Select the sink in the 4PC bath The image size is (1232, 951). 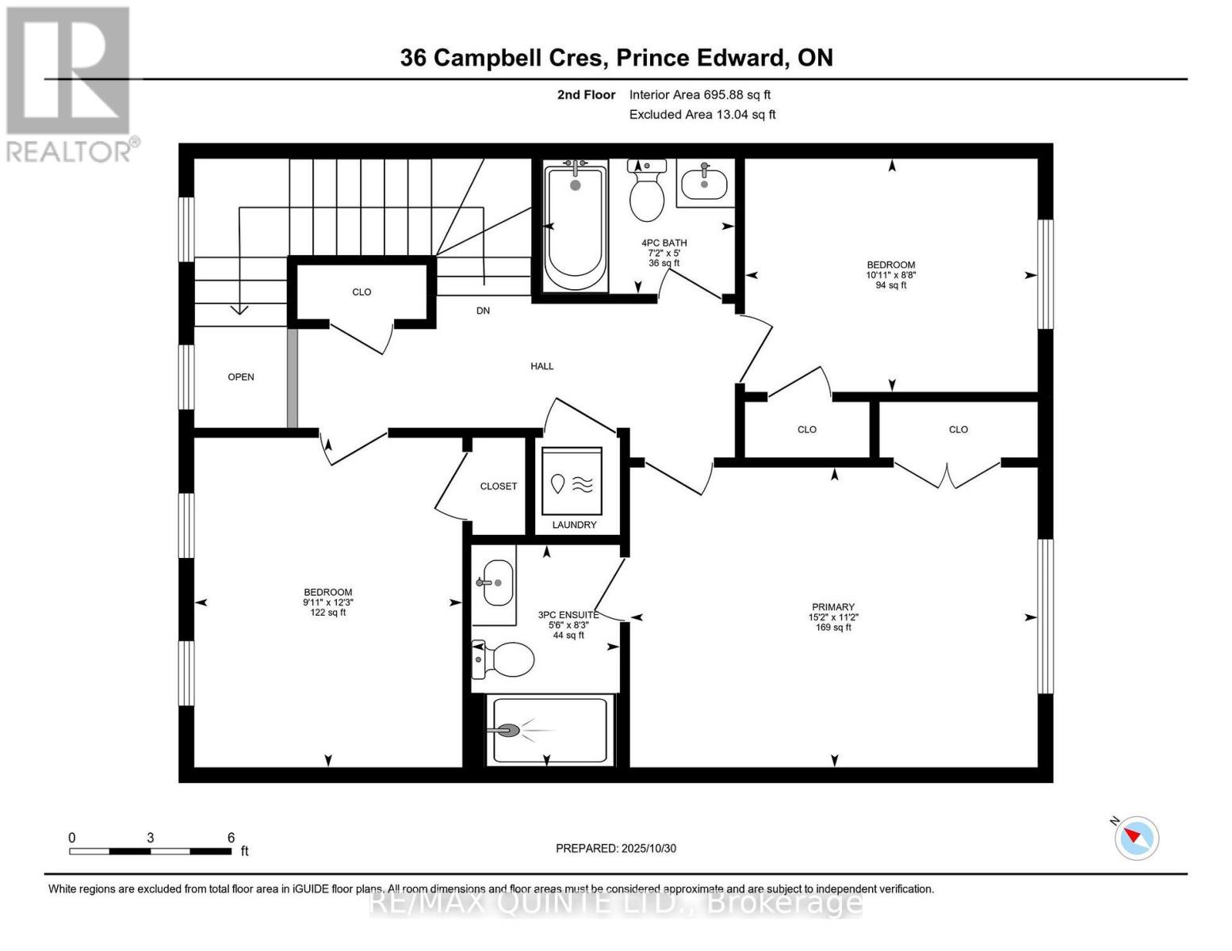click(705, 184)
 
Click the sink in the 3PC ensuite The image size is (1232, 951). click(493, 583)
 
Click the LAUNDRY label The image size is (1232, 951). click(574, 525)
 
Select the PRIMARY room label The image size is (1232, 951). click(832, 607)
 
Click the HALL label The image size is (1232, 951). click(542, 366)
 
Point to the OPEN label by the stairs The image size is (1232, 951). click(241, 377)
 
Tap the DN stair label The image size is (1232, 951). click(483, 311)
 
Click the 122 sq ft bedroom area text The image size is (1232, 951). click(327, 613)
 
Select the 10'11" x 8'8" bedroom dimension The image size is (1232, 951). click(891, 275)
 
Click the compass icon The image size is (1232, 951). click(1137, 837)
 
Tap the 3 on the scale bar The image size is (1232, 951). click(150, 838)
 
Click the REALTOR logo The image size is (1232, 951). click(70, 83)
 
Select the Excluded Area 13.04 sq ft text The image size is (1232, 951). click(702, 114)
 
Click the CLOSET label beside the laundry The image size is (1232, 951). click(498, 486)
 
